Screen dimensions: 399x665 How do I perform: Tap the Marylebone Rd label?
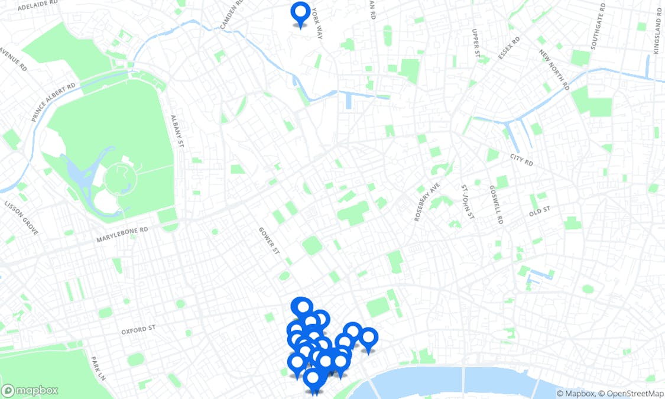(x=122, y=235)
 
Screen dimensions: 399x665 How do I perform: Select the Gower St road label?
(x=269, y=241)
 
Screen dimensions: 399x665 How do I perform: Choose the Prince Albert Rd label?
(x=54, y=102)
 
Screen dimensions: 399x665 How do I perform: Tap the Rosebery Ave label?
(x=427, y=202)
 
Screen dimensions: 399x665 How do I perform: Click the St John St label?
(x=468, y=202)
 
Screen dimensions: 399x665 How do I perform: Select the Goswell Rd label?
(x=496, y=205)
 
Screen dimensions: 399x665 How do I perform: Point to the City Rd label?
(x=521, y=160)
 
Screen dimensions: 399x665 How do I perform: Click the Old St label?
(x=539, y=210)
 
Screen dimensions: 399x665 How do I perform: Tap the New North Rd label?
(x=554, y=69)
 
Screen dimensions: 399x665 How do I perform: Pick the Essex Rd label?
(x=508, y=48)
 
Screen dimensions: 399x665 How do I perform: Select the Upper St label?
(x=475, y=43)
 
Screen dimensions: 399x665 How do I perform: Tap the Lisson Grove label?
(x=21, y=218)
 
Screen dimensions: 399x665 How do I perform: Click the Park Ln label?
(x=97, y=367)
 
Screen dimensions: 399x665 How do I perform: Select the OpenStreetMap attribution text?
(x=631, y=394)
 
